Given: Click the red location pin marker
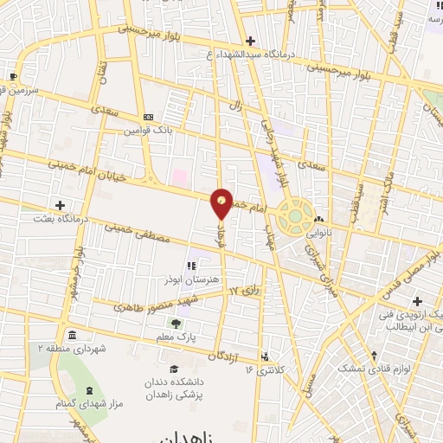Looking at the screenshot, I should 222,201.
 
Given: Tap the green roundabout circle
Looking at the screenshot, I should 296,215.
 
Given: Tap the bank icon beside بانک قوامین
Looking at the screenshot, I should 148,118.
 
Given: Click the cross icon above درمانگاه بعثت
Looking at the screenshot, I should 60,205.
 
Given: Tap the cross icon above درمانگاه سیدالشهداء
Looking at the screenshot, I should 250,41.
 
